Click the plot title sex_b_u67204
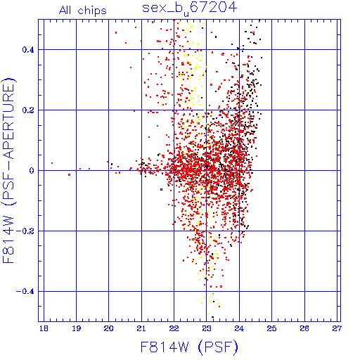[190, 8]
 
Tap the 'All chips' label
[83, 11]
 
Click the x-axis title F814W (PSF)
[189, 347]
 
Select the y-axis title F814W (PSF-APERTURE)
[8, 170]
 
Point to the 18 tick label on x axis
[44, 328]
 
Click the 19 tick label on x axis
[77, 328]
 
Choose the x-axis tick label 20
[108, 328]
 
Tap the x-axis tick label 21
[141, 328]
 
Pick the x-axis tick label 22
[174, 328]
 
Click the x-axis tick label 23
[207, 328]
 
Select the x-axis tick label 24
[239, 328]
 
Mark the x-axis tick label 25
[271, 328]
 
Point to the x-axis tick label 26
[304, 328]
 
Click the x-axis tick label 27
[337, 328]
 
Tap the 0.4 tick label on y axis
[28, 50]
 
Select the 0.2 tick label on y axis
[28, 110]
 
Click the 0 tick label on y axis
[32, 171]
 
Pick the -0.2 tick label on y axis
[25, 231]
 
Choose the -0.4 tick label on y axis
[25, 292]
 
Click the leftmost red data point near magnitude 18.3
[52, 163]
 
